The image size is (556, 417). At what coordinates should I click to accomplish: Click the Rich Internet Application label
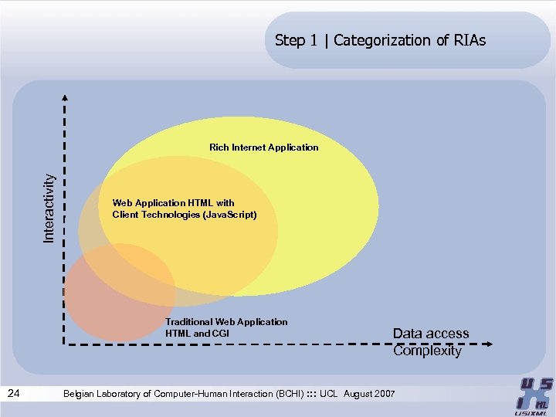[x=263, y=147]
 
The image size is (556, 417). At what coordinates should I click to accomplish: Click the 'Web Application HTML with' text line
[x=173, y=203]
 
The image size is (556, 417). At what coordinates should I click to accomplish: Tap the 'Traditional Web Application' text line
[x=226, y=321]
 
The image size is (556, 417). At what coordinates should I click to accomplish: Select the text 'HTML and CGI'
[x=197, y=333]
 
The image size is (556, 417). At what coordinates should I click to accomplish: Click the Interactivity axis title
[x=49, y=207]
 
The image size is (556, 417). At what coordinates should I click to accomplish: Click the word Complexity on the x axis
[x=427, y=351]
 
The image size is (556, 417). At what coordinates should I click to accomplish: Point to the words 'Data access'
[x=431, y=334]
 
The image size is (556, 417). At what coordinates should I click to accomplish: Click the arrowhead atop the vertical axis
[x=65, y=97]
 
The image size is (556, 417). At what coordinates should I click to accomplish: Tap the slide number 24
[x=13, y=394]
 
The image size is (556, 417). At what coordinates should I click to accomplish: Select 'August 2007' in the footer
[x=369, y=394]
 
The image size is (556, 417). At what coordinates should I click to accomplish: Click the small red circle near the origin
[x=116, y=293]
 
